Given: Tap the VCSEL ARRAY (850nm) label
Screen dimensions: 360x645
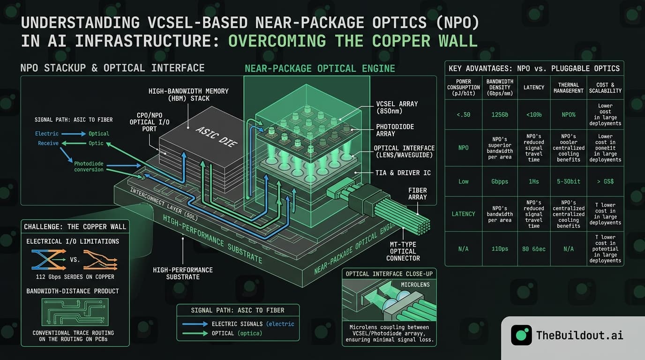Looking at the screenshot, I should coord(397,108).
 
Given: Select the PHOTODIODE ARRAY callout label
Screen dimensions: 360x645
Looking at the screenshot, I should coord(395,130).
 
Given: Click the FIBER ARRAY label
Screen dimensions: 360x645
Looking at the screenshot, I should coord(417,194).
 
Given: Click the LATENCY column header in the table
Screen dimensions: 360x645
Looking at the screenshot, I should coord(534,87).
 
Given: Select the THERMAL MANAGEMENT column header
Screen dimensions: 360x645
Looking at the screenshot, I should coord(568,87).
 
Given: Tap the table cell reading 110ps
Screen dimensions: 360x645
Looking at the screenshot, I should coord(500,249).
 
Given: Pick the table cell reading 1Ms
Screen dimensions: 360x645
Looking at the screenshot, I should coord(534,181).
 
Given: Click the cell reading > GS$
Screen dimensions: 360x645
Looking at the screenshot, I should coord(605,181).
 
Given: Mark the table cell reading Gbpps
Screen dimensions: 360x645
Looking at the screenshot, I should coord(500,181).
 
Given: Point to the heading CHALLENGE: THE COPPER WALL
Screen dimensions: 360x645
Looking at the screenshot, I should coord(75,227).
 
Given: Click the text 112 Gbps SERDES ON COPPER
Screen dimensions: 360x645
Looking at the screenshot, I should coord(75,276).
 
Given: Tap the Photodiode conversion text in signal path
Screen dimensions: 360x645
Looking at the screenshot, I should coord(89,166).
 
